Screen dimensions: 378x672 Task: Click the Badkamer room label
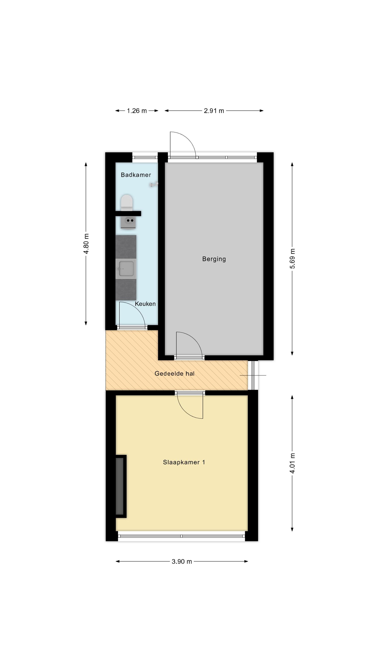click(x=136, y=175)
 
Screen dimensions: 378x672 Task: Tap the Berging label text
click(x=214, y=259)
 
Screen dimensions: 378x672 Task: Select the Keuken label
click(x=145, y=304)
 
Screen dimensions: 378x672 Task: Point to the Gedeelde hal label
click(x=174, y=374)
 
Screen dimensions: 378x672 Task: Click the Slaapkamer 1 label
click(x=184, y=462)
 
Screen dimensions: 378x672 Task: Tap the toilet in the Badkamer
click(x=127, y=203)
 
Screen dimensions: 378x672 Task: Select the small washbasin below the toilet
click(x=128, y=222)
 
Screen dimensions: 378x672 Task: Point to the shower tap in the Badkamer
click(x=154, y=184)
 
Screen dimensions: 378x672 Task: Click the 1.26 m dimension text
click(x=137, y=111)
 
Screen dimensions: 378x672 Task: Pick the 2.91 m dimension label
click(x=214, y=111)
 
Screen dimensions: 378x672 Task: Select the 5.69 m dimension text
click(x=292, y=258)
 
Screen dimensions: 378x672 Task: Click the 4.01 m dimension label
click(x=292, y=463)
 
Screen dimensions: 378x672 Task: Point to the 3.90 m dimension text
click(x=182, y=562)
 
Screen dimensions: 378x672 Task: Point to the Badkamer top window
click(x=145, y=157)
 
